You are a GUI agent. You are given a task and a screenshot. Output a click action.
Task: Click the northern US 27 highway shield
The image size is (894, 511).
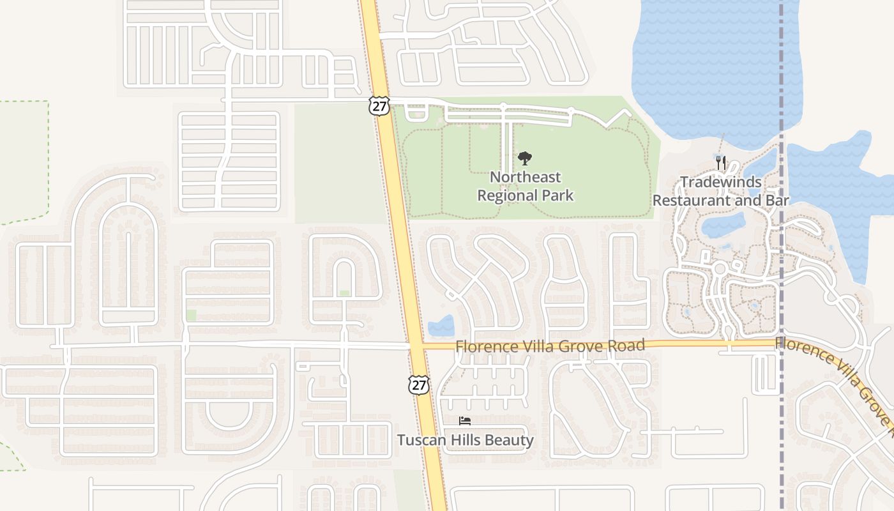pyautogui.click(x=379, y=106)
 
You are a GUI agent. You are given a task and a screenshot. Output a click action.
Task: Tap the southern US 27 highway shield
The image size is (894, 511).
pyautogui.click(x=418, y=385)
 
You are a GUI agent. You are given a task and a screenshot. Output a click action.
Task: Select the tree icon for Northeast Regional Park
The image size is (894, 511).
pyautogui.click(x=525, y=158)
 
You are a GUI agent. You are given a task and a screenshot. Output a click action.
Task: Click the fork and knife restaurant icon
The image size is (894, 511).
pyautogui.click(x=721, y=163)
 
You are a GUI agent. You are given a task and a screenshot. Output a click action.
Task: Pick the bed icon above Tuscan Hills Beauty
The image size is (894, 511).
pyautogui.click(x=465, y=420)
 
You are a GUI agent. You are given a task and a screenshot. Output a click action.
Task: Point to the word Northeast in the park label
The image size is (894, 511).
pyautogui.click(x=525, y=177)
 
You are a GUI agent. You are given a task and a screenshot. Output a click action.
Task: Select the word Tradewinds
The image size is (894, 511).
pyautogui.click(x=720, y=182)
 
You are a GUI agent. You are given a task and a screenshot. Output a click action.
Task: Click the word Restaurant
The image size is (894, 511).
pyautogui.click(x=692, y=200)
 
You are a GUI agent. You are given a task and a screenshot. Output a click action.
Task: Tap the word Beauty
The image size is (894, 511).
pyautogui.click(x=509, y=440)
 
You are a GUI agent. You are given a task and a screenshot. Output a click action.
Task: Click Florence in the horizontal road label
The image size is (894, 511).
pyautogui.click(x=483, y=346)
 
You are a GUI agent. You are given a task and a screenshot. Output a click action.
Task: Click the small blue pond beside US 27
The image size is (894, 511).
pyautogui.click(x=441, y=325)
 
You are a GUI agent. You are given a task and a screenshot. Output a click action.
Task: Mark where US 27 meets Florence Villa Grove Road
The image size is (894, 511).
pyautogui.click(x=416, y=346)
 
